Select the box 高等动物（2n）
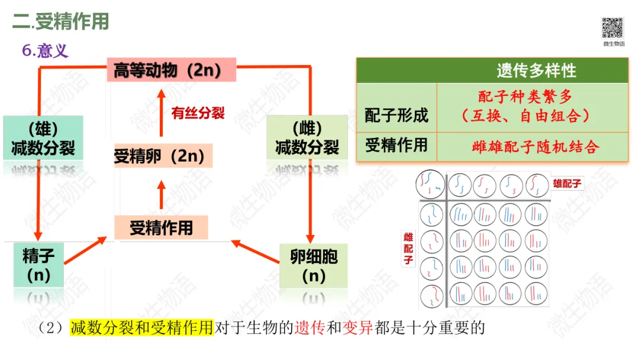[x=171, y=70]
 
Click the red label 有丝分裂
[x=198, y=114]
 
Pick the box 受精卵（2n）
[x=162, y=156]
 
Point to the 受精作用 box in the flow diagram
[x=162, y=227]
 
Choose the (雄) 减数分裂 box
[x=43, y=138]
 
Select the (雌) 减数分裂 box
[x=306, y=138]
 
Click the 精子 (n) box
[x=38, y=265]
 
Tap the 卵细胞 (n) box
[x=314, y=265]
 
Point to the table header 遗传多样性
[x=536, y=71]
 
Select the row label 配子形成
[x=396, y=115]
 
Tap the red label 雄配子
[x=567, y=184]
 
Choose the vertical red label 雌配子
[x=408, y=249]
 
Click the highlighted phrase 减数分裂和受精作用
[x=141, y=327]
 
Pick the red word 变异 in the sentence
[x=357, y=327]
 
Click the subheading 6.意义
[x=46, y=51]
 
